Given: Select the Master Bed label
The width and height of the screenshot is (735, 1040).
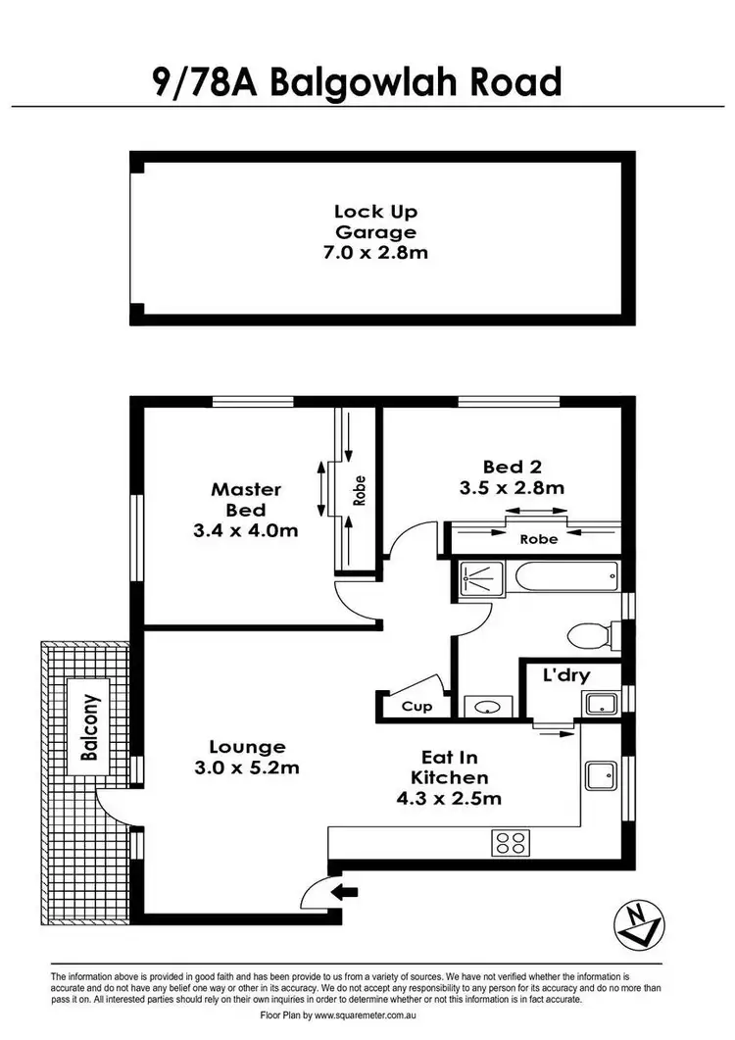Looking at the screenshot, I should point(246,499).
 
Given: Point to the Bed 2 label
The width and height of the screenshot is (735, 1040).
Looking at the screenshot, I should point(513,467).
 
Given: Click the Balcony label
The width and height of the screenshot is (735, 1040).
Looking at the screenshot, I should point(90,729).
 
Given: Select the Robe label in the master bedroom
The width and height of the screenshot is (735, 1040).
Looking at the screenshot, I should point(360,490).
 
